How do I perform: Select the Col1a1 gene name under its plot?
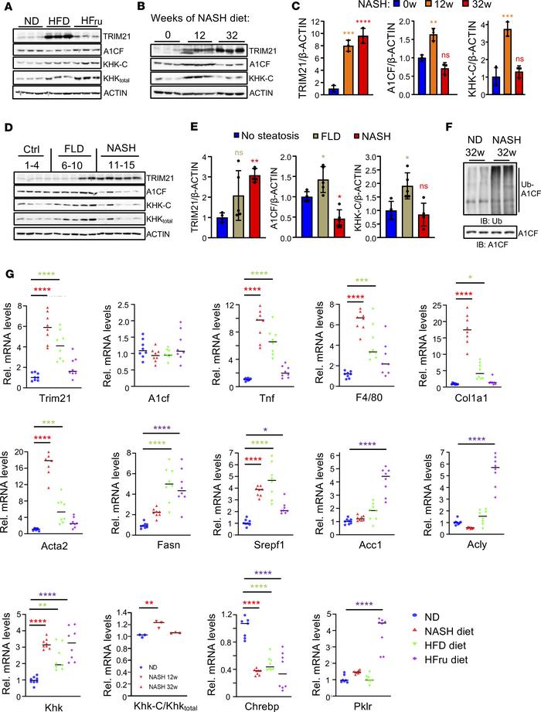pos(494,418)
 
